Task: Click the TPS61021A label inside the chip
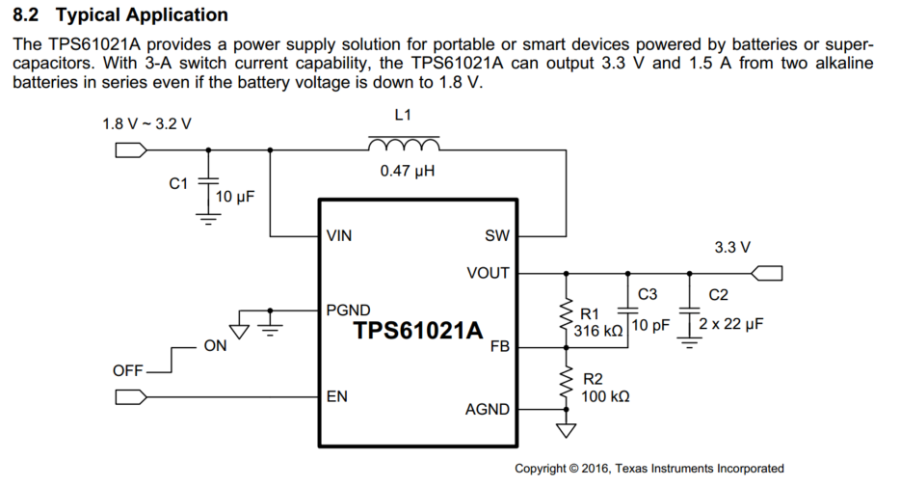[417, 331]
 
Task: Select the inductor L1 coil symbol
[404, 146]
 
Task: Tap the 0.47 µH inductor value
[404, 174]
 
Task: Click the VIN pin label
[340, 235]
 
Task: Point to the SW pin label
[497, 235]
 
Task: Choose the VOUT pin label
[488, 273]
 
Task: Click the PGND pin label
[348, 310]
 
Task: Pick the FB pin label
[499, 346]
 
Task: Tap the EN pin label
[337, 396]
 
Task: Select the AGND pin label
[488, 409]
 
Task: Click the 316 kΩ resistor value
[600, 331]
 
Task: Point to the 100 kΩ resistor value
[606, 395]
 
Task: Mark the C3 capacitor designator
[648, 294]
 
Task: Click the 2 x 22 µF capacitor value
[731, 324]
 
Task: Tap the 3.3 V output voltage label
[732, 248]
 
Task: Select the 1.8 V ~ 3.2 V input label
[146, 124]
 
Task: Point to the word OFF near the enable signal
[128, 369]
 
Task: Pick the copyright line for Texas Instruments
[649, 469]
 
